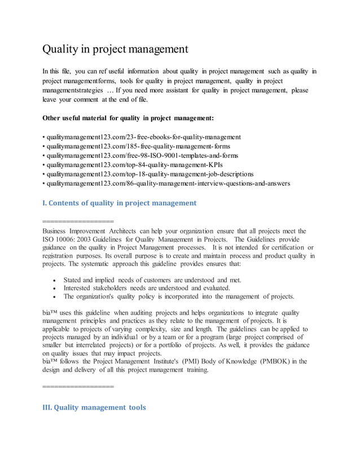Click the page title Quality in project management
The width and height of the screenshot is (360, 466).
tap(115, 49)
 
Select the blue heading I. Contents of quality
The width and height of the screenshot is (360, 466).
tap(119, 203)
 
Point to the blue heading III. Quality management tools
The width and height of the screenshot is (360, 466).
tap(94, 407)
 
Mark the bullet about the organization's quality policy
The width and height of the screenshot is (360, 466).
tap(178, 296)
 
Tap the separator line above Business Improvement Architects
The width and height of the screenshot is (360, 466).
tap(78, 221)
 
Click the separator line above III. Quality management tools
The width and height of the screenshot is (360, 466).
tap(78, 387)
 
